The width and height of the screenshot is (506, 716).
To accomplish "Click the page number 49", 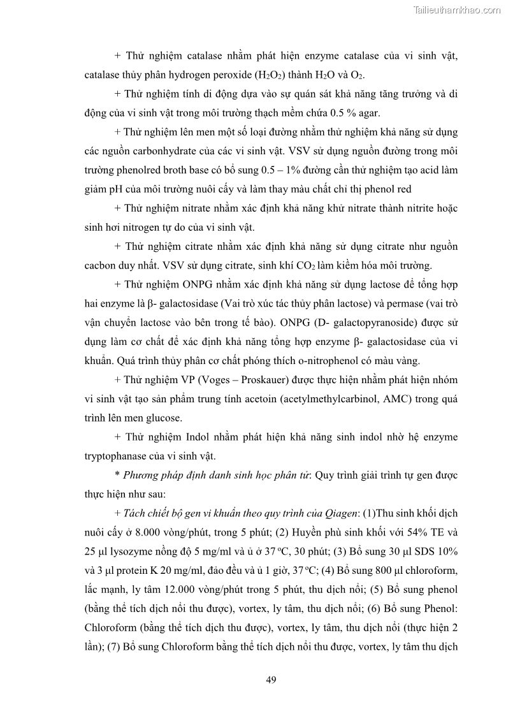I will (270, 679).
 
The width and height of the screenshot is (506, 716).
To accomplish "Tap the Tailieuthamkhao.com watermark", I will (457, 10).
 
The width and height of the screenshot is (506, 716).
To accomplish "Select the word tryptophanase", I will (115, 456).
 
